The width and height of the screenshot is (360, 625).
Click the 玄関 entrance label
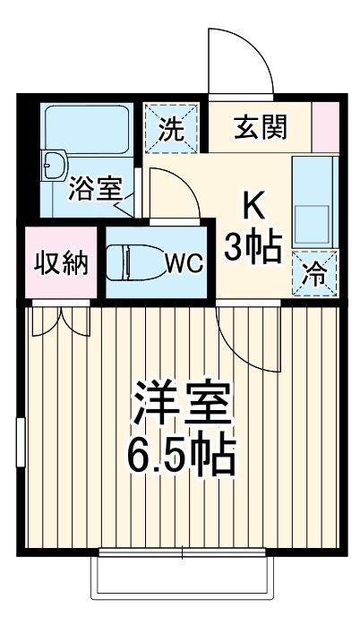(x=261, y=128)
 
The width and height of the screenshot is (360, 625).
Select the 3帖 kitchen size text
(x=253, y=246)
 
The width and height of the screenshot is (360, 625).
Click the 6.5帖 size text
(x=184, y=458)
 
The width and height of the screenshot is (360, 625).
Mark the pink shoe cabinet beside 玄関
(x=326, y=127)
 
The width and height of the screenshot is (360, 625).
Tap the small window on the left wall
(x=19, y=442)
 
